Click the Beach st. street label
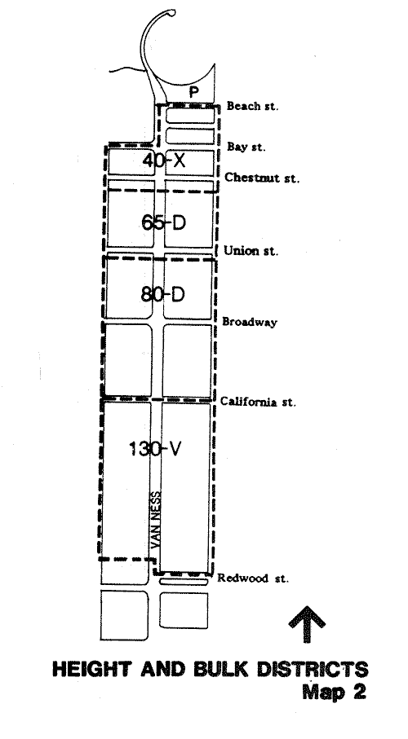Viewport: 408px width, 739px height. click(252, 106)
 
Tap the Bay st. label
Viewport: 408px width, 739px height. click(246, 147)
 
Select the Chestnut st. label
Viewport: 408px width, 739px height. click(262, 178)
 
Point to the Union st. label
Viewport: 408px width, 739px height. click(251, 250)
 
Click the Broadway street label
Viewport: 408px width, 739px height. click(250, 322)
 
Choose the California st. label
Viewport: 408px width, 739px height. click(258, 402)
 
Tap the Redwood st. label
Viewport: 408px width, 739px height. click(253, 578)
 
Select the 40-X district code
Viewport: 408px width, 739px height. click(164, 161)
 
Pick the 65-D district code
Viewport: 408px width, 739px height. click(164, 222)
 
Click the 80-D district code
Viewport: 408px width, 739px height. click(163, 295)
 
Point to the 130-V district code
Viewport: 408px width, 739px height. click(155, 449)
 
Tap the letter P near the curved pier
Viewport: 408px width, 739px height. click(193, 92)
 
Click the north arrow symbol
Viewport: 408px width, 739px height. click(307, 624)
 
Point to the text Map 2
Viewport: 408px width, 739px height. click(334, 692)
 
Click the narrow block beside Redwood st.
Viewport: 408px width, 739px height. click(184, 582)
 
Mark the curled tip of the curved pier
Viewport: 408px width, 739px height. click(173, 13)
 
